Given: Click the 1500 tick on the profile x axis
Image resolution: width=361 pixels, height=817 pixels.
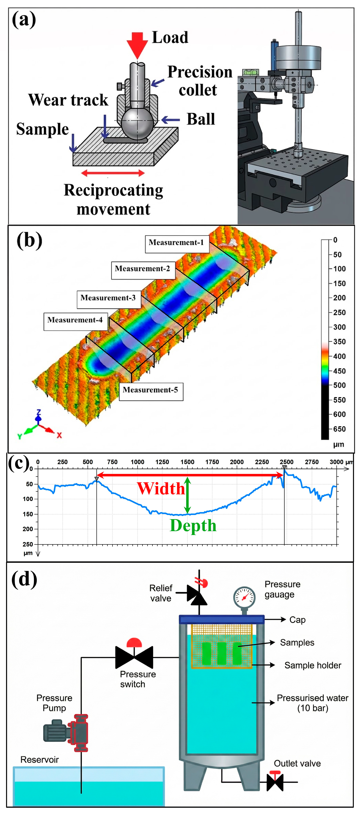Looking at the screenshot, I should [187, 462].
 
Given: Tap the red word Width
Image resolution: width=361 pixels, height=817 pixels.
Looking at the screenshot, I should [161, 488].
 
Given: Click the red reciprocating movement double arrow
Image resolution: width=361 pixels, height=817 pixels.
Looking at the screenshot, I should [113, 173].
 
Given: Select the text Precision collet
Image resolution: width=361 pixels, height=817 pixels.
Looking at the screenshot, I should [199, 81].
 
